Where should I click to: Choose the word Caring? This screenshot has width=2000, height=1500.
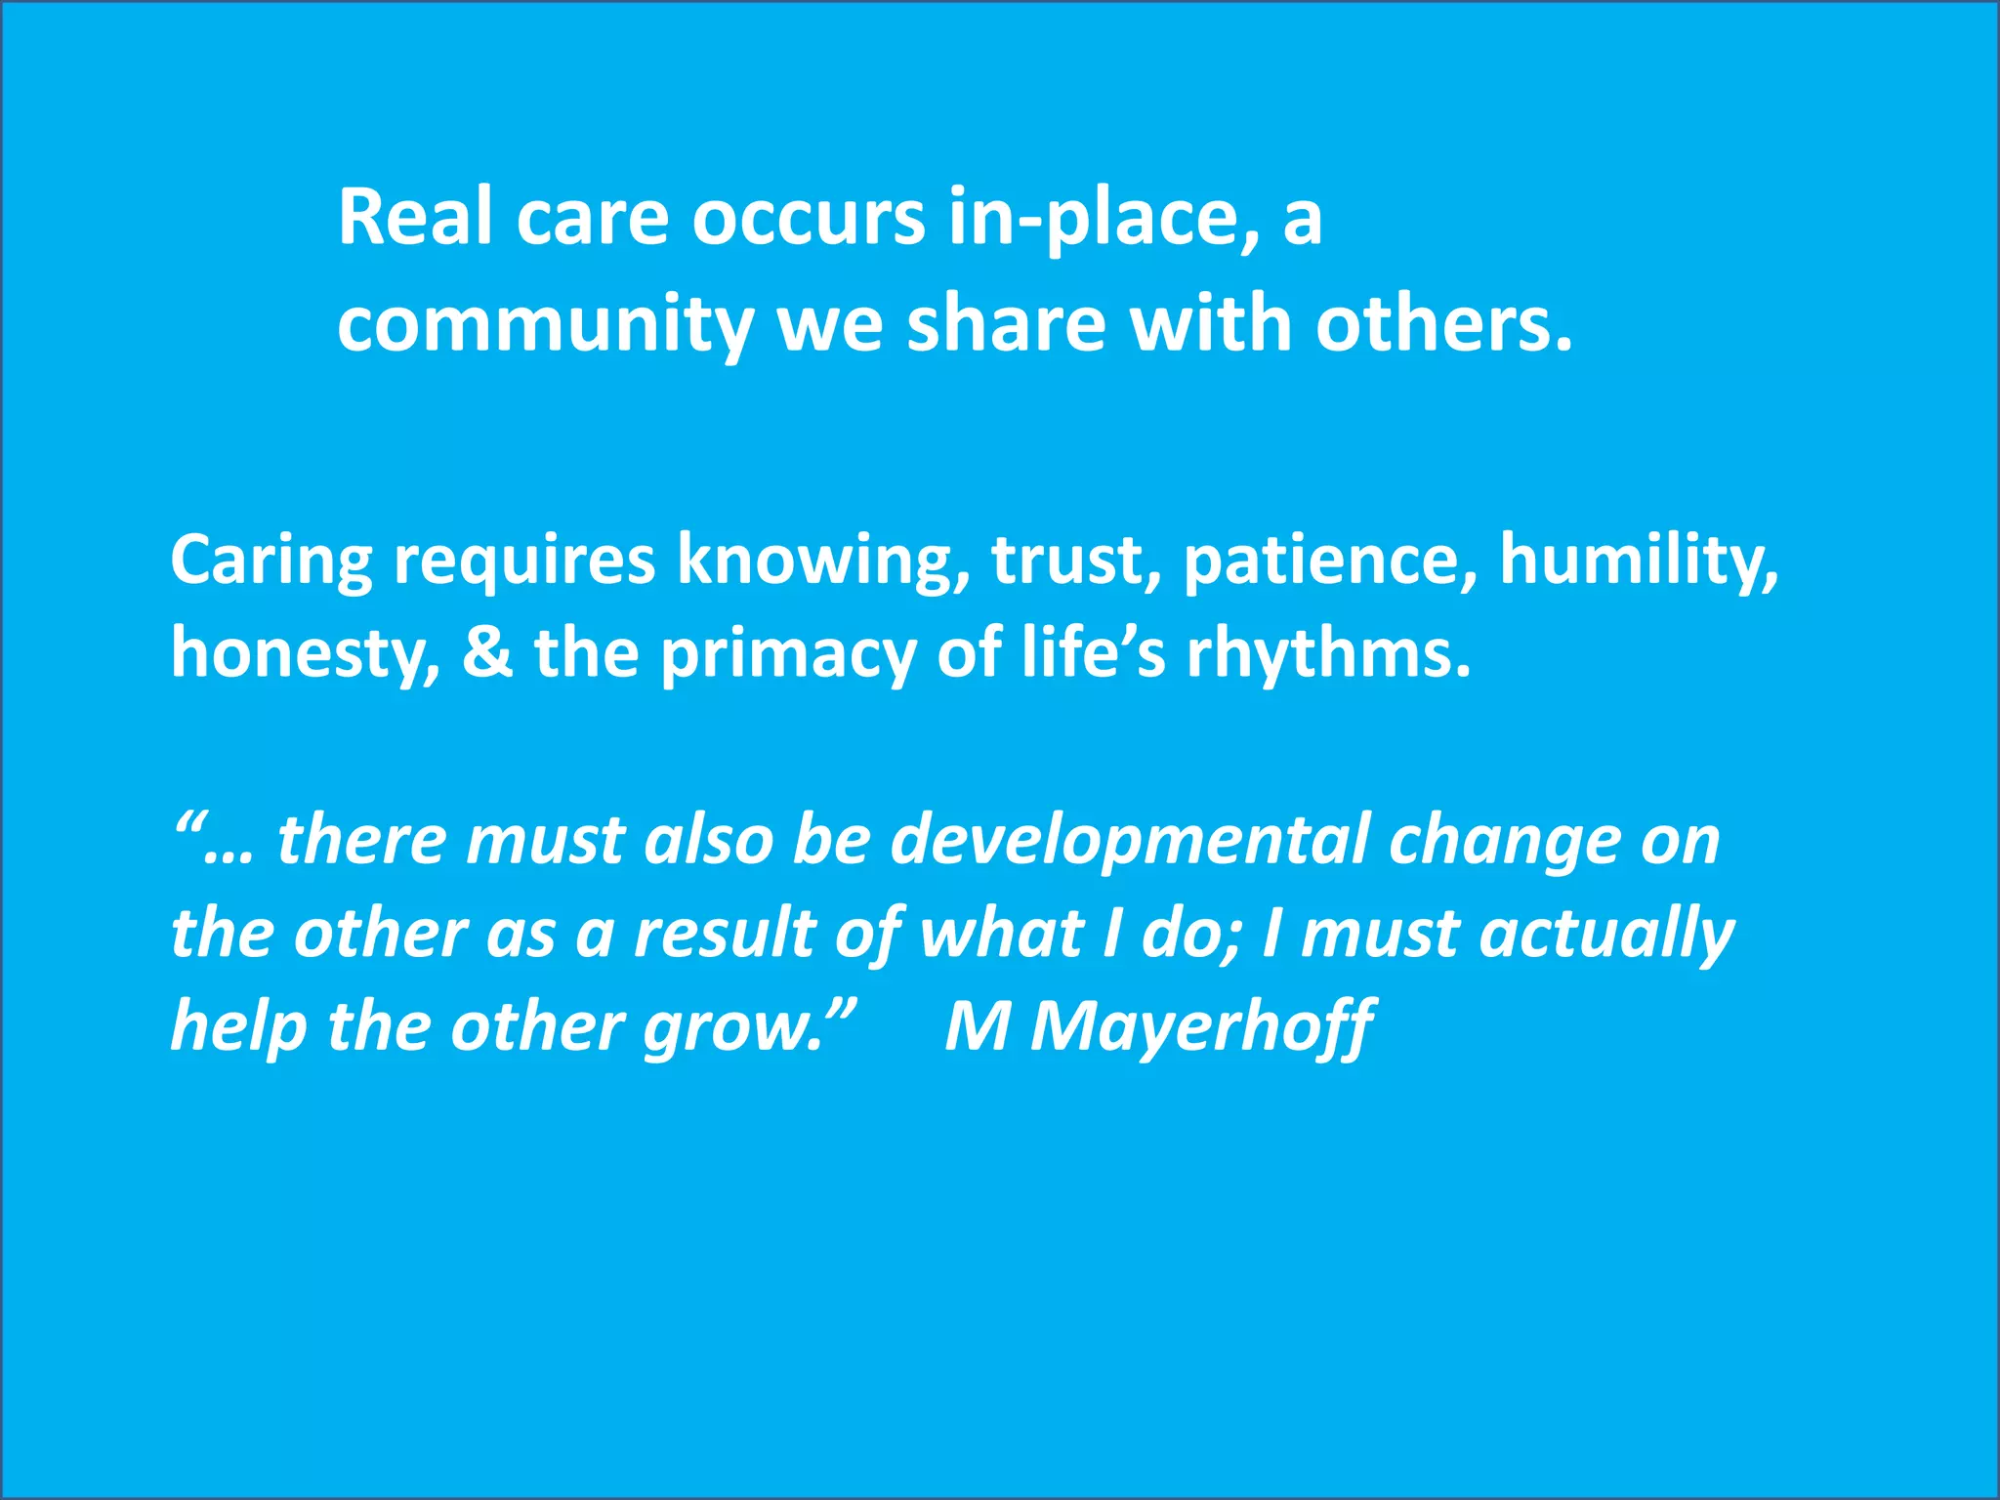pos(271,561)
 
